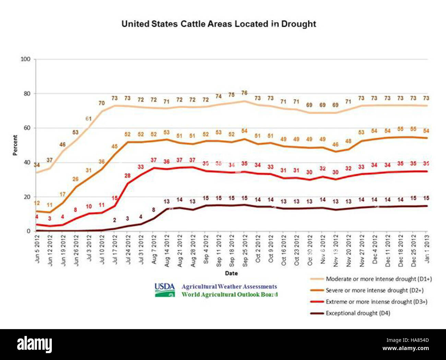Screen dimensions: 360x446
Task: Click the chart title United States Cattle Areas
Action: [x=219, y=24]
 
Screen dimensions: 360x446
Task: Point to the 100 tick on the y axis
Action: [x=25, y=59]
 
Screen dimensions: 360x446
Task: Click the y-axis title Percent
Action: [x=15, y=145]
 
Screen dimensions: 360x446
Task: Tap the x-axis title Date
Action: [x=231, y=273]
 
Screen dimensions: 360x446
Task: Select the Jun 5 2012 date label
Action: [x=37, y=248]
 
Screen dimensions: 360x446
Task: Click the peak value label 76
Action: [x=244, y=93]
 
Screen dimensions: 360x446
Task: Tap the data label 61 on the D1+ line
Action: [x=89, y=119]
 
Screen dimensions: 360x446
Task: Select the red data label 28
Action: [x=127, y=176]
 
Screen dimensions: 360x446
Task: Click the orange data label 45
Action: [x=115, y=147]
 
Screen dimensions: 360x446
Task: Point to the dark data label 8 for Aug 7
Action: [x=153, y=210]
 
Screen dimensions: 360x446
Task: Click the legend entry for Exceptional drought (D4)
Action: [x=357, y=313]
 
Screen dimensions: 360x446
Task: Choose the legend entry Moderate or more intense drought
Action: [x=378, y=279]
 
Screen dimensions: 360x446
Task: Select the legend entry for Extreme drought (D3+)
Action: [x=376, y=302]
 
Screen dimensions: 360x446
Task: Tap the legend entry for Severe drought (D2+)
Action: [x=374, y=290]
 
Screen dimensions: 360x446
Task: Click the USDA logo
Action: [x=165, y=290]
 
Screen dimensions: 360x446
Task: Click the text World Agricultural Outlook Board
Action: [x=230, y=294]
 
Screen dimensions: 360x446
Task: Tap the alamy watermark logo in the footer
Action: [x=34, y=344]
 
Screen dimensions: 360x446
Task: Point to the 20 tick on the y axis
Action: [x=27, y=197]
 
